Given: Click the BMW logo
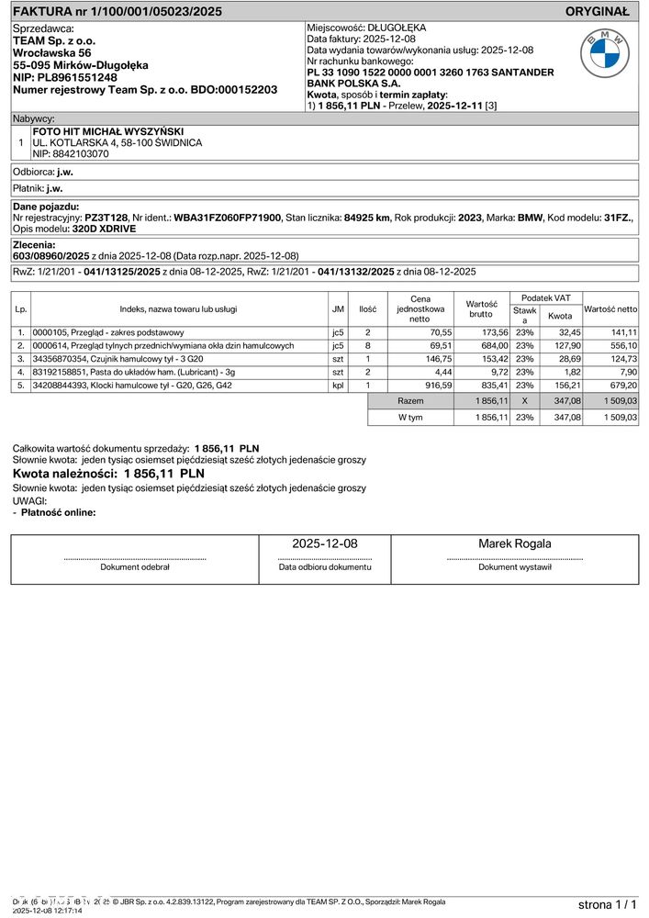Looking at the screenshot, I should click(x=605, y=52).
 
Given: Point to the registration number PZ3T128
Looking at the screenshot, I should click(x=106, y=217).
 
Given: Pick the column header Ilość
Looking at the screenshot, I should click(x=367, y=309).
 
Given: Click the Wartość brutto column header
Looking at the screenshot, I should click(x=481, y=309).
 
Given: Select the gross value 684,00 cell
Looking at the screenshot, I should click(x=493, y=345).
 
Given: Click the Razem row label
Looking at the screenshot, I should click(x=410, y=402).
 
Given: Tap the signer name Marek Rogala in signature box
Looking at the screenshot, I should click(x=515, y=544).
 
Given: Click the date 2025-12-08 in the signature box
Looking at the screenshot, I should click(x=325, y=544).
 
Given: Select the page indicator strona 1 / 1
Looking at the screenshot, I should click(x=607, y=904).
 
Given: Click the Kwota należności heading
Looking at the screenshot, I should click(x=108, y=473).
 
